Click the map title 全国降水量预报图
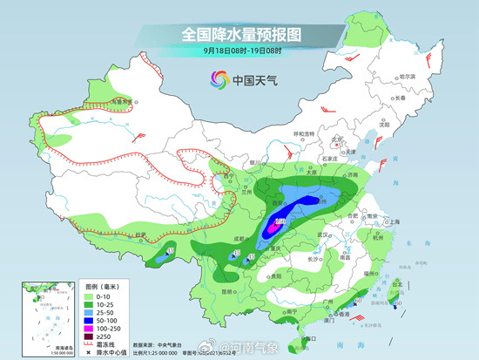[240, 34]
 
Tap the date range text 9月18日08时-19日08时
[240, 51]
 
